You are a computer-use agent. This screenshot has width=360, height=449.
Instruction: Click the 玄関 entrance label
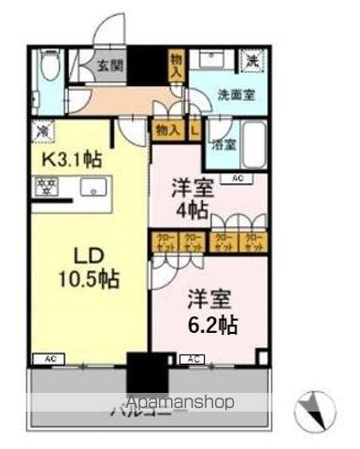point(105,65)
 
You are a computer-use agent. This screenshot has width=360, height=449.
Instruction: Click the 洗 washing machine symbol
point(252,61)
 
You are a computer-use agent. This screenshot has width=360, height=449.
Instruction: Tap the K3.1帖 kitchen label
point(70,159)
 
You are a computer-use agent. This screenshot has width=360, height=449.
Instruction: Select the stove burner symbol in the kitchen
point(46,186)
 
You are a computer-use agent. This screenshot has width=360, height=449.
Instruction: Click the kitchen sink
point(94,188)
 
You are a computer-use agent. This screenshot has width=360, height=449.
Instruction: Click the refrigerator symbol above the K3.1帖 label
point(44,130)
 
